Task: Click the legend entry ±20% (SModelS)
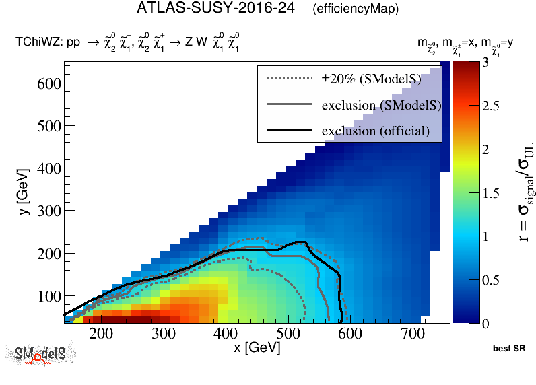pyautogui.click(x=371, y=79)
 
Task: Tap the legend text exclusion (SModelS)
pyautogui.click(x=381, y=105)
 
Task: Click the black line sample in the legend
pyautogui.click(x=290, y=130)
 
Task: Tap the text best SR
pyautogui.click(x=508, y=349)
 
